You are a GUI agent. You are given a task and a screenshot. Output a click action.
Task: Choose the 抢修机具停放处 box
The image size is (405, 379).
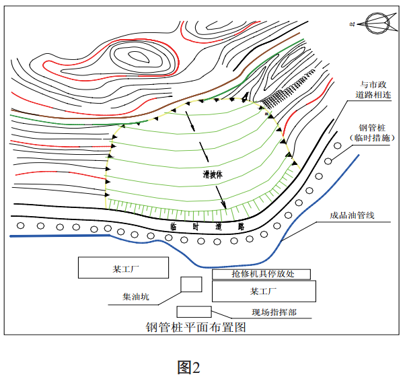point(262,274)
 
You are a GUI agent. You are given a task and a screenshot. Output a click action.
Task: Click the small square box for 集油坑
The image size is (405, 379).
point(191,284)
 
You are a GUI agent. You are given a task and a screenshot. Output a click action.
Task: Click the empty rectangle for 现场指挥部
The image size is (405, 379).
point(194,312)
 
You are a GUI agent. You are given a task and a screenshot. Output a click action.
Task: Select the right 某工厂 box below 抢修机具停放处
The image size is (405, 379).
point(264,291)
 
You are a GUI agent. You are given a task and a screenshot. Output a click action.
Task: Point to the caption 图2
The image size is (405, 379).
point(189,367)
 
